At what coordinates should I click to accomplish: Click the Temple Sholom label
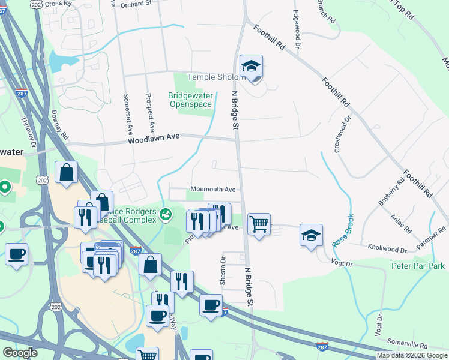(x=216, y=77)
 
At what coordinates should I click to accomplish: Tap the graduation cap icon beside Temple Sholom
(x=252, y=68)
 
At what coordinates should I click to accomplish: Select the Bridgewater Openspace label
(x=190, y=100)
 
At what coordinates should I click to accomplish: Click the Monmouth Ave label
(x=213, y=189)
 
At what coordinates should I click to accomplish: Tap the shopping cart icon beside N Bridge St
(x=259, y=224)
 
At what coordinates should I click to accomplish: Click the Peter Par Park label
(x=418, y=266)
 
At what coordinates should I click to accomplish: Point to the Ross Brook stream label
(x=342, y=230)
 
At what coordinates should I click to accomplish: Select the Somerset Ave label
(x=127, y=113)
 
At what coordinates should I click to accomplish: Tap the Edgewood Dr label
(x=297, y=28)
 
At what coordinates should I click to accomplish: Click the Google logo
(x=19, y=353)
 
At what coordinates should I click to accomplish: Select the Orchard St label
(x=136, y=4)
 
